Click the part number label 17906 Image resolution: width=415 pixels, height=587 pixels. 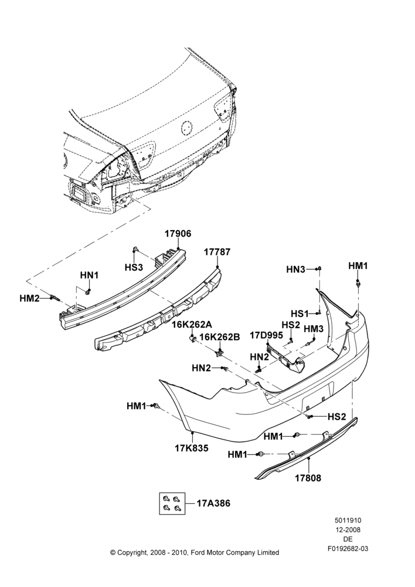tap(178, 234)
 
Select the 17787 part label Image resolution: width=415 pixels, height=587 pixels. tap(217, 252)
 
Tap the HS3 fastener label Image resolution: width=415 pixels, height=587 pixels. tap(134, 267)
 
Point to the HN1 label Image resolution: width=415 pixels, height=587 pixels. tap(89, 275)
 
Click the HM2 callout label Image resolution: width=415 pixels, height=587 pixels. tap(29, 298)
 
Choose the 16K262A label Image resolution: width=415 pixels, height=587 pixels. tap(192, 324)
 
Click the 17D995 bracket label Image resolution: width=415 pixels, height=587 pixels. tap(266, 335)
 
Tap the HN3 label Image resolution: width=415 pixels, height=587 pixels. tap(296, 269)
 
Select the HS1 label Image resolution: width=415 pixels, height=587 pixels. tap(300, 313)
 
